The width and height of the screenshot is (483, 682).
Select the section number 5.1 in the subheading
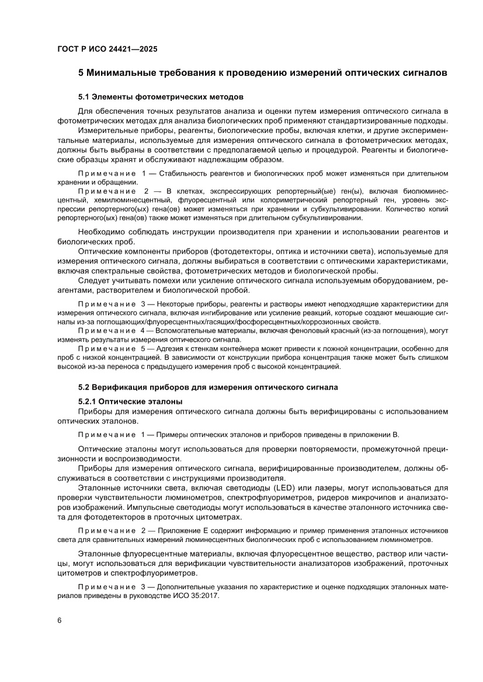tap(86, 96)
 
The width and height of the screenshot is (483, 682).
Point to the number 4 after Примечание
tap(134, 330)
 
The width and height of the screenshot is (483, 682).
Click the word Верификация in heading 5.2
tap(125, 387)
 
